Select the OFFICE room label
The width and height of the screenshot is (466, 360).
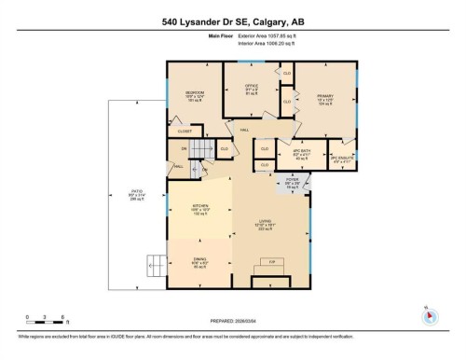coord(251,86)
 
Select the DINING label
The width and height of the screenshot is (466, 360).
coord(199,262)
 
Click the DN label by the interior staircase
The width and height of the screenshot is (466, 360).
coord(185,148)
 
